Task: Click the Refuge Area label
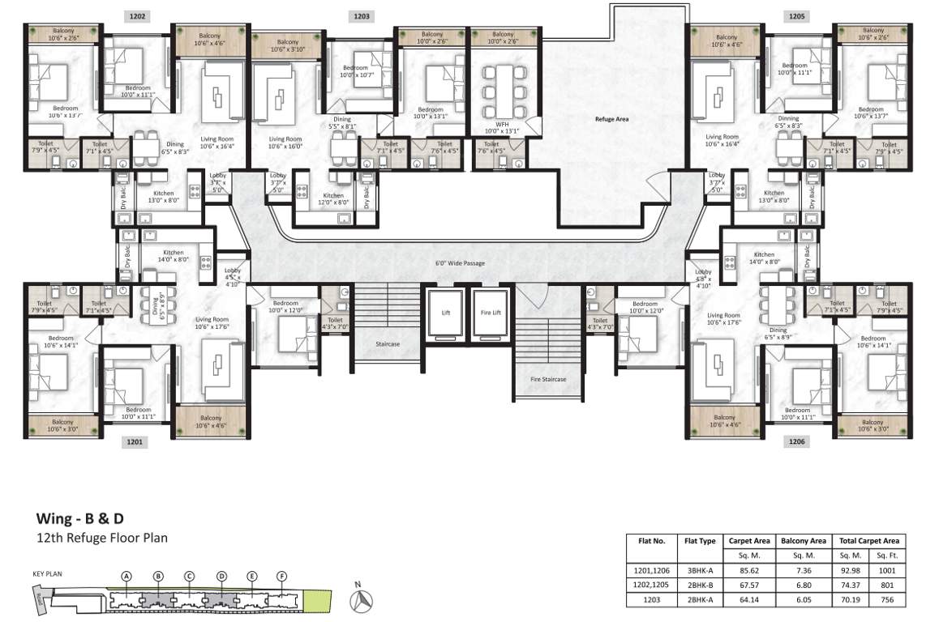coord(611,119)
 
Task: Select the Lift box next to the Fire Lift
coord(445,313)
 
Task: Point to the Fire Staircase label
coord(547,379)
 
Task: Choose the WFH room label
coord(502,124)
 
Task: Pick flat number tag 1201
coord(135,441)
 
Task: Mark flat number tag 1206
coord(796,441)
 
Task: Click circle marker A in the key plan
coord(126,577)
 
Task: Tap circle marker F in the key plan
coord(281,577)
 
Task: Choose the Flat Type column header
coord(699,541)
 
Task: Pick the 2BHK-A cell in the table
coord(699,600)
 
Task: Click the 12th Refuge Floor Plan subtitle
coord(101,537)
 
